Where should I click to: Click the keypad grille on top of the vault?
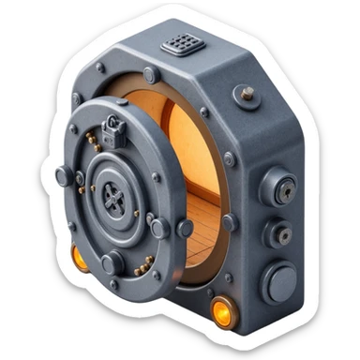pyautogui.click(x=182, y=43)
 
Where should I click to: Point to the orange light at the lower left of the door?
pyautogui.click(x=80, y=256)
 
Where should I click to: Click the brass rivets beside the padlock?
pyautogui.click(x=93, y=141)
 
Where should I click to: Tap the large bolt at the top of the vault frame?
pyautogui.click(x=150, y=75)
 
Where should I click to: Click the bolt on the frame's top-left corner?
pyautogui.click(x=100, y=68)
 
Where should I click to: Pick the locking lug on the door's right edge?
pyautogui.click(x=160, y=226)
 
